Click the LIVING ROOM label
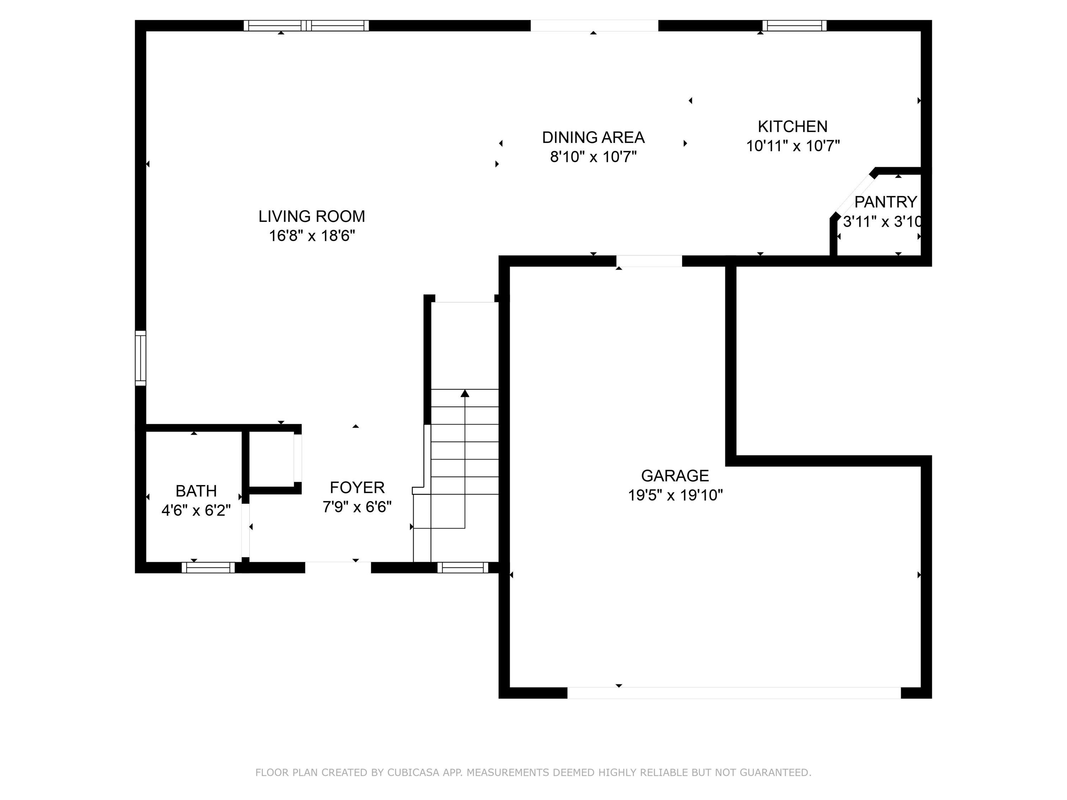click(x=312, y=217)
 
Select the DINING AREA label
click(x=593, y=138)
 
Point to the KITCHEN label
click(x=792, y=126)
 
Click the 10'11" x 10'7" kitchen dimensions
click(x=792, y=146)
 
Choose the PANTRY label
click(x=885, y=202)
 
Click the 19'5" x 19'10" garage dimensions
click(x=675, y=495)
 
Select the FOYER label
click(x=357, y=487)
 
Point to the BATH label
click(x=196, y=491)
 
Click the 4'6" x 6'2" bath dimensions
click(x=196, y=510)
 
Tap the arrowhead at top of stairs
click(x=465, y=394)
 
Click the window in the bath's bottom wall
click(x=208, y=567)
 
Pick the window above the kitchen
click(x=794, y=26)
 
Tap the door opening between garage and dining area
click(x=649, y=261)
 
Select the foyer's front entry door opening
click(x=338, y=567)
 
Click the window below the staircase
click(x=463, y=567)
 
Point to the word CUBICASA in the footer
click(x=413, y=773)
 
